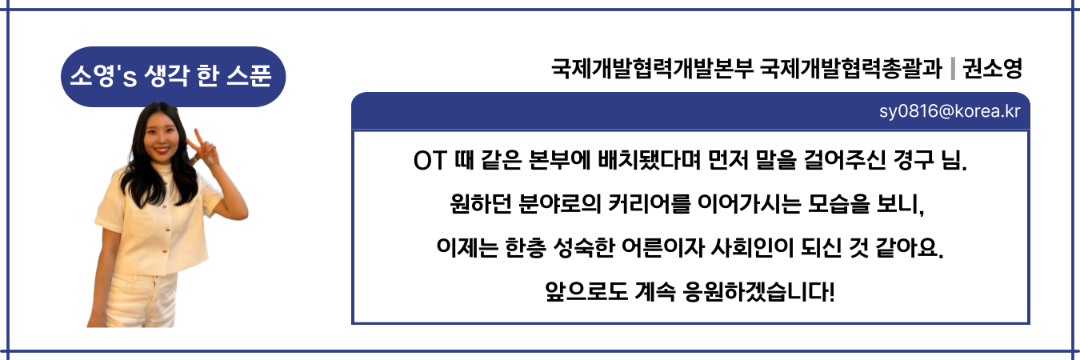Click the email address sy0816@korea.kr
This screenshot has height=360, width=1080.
[950, 111]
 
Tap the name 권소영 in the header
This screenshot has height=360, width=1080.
[992, 69]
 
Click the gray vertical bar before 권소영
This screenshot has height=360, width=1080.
[953, 69]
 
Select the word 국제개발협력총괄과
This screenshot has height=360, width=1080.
[850, 69]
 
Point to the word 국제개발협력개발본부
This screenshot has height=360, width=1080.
[652, 69]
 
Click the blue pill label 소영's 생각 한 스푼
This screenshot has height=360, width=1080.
[173, 77]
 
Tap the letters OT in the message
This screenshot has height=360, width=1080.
[430, 161]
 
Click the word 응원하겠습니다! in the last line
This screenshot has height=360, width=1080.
[759, 291]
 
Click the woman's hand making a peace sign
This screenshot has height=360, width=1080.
[202, 147]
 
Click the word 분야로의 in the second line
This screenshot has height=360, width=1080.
[560, 204]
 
